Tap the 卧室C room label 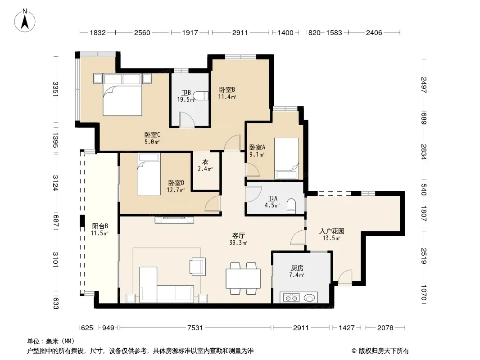[x=152, y=135]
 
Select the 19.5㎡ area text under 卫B [x=186, y=99]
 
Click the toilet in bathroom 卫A [x=292, y=206]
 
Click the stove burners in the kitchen [x=291, y=297]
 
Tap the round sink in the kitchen [x=309, y=297]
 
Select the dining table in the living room [x=243, y=279]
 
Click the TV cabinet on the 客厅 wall [x=175, y=219]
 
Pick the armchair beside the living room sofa [x=198, y=266]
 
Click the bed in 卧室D [x=149, y=174]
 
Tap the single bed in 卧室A [x=286, y=158]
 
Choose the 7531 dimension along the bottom [x=195, y=328]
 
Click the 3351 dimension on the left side [x=55, y=89]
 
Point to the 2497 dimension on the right [x=424, y=85]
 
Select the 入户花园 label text [x=331, y=231]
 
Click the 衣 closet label [x=205, y=162]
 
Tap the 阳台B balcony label [x=100, y=226]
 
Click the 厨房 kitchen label [x=297, y=268]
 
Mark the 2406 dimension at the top [x=374, y=32]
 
